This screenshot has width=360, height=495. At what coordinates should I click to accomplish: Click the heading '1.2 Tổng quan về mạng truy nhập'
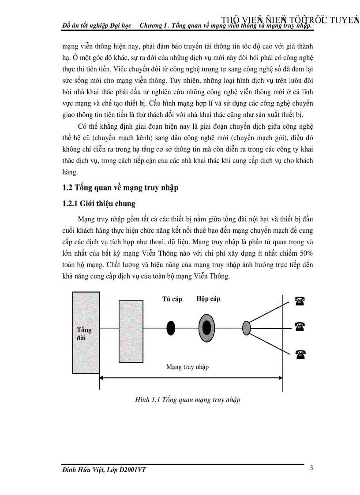120,188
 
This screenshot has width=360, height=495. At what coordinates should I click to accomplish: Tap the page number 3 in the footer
311,468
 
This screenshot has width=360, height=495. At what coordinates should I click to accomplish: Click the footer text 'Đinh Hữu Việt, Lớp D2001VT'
104,470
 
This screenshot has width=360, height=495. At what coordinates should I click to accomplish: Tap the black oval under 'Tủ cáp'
171,328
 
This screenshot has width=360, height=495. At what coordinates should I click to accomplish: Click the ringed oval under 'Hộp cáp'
206,328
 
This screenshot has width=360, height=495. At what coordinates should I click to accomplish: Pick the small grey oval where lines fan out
247,328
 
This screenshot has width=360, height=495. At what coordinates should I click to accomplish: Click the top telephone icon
300,301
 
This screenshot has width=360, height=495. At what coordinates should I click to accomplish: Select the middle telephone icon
300,327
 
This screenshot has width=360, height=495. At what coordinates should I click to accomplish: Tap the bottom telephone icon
300,353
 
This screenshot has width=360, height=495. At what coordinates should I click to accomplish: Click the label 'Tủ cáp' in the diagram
172,299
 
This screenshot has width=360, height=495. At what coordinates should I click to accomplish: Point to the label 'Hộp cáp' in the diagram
208,299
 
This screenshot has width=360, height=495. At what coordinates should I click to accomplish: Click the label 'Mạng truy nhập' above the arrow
187,367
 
